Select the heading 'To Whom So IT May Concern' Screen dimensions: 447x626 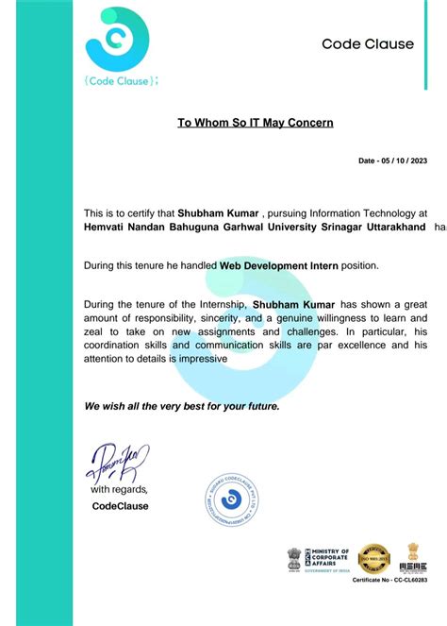[x=256, y=122]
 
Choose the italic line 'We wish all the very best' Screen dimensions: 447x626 [x=181, y=406]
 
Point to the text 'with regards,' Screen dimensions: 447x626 [x=119, y=490]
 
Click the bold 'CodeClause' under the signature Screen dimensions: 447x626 [x=120, y=506]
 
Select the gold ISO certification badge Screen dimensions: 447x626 [x=375, y=558]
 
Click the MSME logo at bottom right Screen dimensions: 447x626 [x=412, y=558]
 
